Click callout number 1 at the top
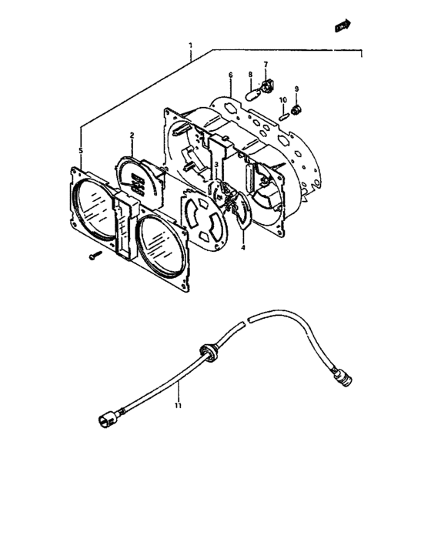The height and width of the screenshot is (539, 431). click(190, 45)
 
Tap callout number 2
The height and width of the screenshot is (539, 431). click(132, 135)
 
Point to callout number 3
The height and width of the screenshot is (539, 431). click(216, 165)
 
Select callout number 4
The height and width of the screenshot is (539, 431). click(243, 247)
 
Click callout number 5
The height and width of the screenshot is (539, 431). click(81, 150)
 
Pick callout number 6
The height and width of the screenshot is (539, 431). click(231, 75)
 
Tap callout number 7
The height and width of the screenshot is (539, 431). click(266, 65)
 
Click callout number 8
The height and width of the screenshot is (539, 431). click(250, 75)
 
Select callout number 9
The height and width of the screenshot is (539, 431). click(296, 89)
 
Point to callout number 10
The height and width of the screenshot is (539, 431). click(283, 100)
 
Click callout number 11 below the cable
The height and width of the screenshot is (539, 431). click(178, 406)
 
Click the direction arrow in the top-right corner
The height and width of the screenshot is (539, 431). click(342, 25)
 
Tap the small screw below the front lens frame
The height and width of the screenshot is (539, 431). click(95, 256)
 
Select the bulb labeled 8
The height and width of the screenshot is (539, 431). click(253, 94)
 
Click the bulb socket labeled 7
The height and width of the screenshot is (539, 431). click(267, 85)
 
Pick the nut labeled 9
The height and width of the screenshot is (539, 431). click(296, 110)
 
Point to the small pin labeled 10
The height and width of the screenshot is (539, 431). click(283, 117)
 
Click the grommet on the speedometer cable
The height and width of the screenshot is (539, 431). click(208, 353)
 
